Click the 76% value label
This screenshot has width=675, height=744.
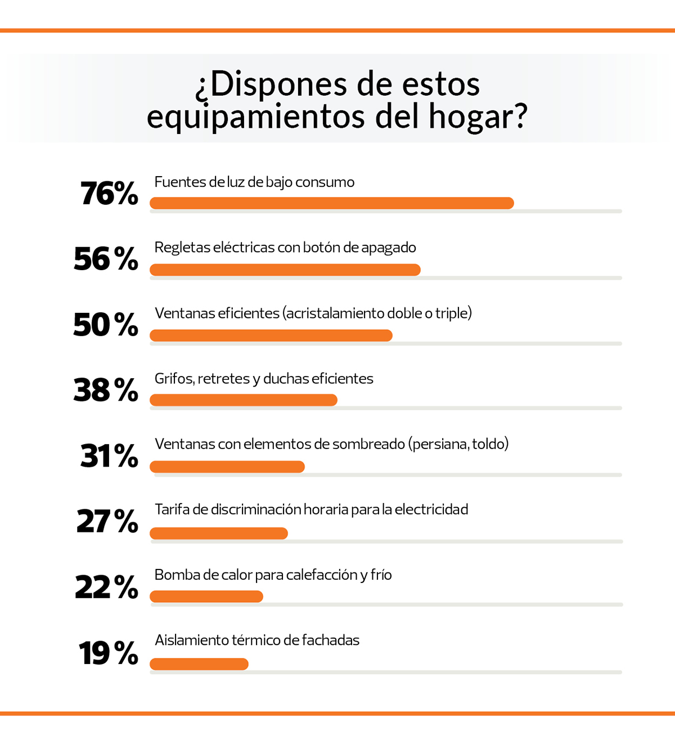(x=109, y=194)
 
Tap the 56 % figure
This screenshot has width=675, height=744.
(x=106, y=259)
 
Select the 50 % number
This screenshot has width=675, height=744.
(x=106, y=325)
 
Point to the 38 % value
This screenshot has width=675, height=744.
(x=106, y=390)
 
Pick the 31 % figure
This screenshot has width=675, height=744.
(x=109, y=455)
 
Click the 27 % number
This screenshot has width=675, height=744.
(x=107, y=521)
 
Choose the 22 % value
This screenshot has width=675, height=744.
(x=106, y=587)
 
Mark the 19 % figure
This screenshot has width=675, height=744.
(x=109, y=653)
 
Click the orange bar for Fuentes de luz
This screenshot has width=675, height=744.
(x=331, y=203)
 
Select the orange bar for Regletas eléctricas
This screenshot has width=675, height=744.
(x=285, y=270)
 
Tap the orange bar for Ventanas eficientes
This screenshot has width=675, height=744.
(x=271, y=335)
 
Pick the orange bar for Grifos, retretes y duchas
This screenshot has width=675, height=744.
(x=243, y=400)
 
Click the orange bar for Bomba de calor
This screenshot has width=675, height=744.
(x=206, y=597)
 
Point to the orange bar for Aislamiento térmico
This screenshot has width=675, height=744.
(x=199, y=664)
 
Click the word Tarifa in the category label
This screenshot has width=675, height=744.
(x=172, y=509)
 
